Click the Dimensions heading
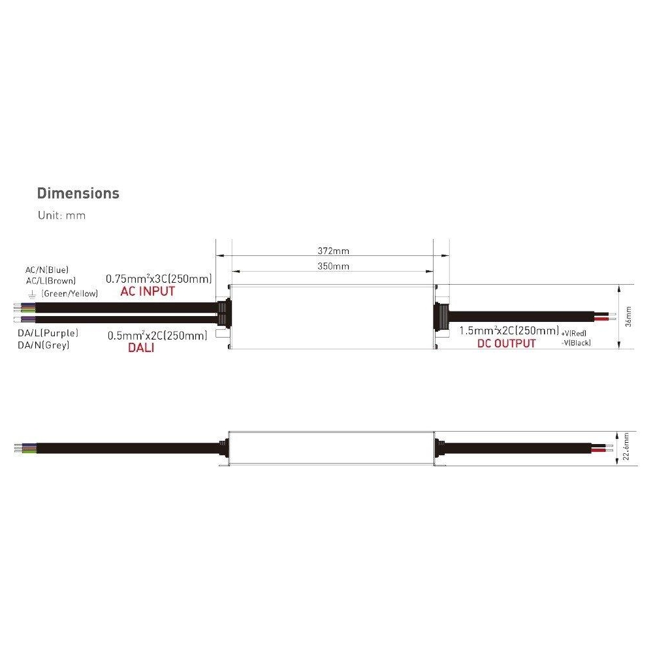coord(78,193)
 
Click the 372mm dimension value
coord(333,251)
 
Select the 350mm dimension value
coord(333,266)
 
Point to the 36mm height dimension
coord(628,317)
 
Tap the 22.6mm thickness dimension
coord(626,447)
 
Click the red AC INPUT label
coord(148,291)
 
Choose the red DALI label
coord(141,347)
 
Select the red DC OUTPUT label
coord(507,343)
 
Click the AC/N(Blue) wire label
coord(47,270)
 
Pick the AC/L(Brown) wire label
coord(51,281)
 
